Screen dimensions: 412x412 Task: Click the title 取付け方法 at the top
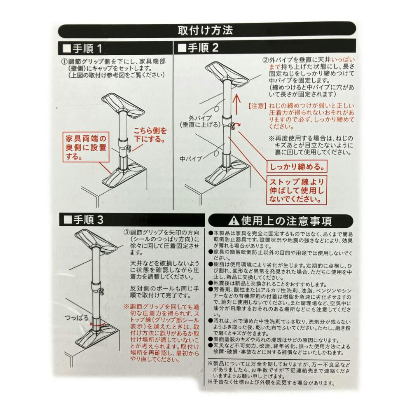[205, 30]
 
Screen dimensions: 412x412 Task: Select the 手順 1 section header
[83, 48]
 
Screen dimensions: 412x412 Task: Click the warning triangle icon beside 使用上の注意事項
[234, 221]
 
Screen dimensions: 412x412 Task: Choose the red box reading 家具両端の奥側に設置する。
[86, 147]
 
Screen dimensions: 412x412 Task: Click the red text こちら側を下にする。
[150, 135]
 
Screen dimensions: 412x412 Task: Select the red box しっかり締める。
[297, 167]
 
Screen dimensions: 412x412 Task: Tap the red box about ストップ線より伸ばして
[297, 190]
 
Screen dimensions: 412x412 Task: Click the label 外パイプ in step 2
[200, 118]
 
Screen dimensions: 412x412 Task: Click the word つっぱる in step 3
[77, 318]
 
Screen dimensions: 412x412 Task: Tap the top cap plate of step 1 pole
[123, 105]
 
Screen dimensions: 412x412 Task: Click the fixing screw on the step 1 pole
[129, 148]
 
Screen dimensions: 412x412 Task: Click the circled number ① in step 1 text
[65, 62]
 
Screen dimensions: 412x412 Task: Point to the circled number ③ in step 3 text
[126, 233]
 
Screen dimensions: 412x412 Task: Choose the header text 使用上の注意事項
[286, 221]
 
